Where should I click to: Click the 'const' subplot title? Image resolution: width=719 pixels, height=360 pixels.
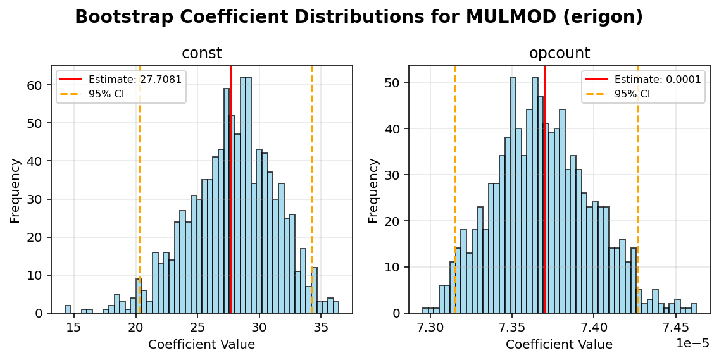pos(202,54)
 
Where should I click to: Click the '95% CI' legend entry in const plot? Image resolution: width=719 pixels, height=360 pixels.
pos(106,94)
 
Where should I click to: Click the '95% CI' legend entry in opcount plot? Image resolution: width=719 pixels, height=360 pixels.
pos(632,94)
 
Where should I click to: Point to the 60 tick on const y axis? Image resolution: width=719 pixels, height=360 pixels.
pos(38,85)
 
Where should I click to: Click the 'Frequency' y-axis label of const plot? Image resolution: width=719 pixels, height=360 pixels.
pos(15,190)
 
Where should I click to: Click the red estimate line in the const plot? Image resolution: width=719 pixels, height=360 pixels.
pos(231,190)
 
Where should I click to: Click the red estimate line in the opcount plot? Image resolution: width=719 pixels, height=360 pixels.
pos(545,190)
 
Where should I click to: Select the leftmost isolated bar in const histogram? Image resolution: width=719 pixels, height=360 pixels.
pos(68,309)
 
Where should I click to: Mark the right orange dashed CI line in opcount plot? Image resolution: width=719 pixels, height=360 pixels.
pos(637,190)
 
